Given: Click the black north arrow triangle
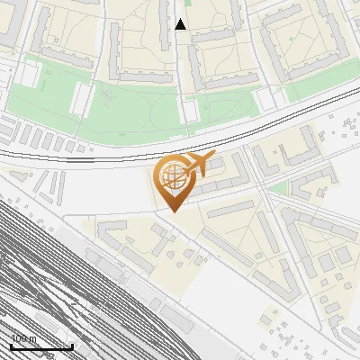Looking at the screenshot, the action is pos(180,24).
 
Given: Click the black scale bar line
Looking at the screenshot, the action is pos(40,347).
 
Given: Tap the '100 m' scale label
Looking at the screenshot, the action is pos(24,338).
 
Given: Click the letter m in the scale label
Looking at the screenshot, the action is pos(33,339).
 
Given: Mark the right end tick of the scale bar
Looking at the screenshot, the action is pos(72,346).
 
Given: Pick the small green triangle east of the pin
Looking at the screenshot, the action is pos(280,188).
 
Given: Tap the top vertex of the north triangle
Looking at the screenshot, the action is pos(180,18).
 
